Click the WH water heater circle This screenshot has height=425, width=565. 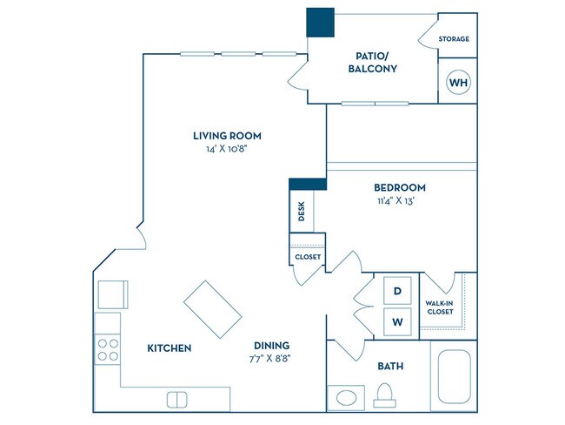click(x=458, y=83)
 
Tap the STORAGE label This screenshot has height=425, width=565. click(x=454, y=39)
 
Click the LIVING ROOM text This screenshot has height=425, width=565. click(x=227, y=136)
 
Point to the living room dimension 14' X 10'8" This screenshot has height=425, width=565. click(x=227, y=150)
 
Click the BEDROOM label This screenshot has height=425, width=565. click(x=399, y=187)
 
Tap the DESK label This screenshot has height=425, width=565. click(x=301, y=212)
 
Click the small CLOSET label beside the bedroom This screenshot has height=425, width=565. click(x=307, y=257)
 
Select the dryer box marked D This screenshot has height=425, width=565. click(x=397, y=291)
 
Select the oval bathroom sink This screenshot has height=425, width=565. click(x=345, y=399)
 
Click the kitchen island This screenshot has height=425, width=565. click(x=213, y=310)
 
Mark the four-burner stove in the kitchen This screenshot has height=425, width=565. click(x=107, y=350)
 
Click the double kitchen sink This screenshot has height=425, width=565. click(x=177, y=399)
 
